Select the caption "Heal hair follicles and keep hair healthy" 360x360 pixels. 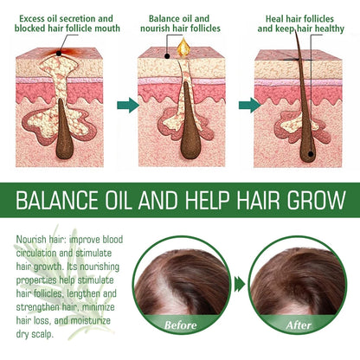[298, 22]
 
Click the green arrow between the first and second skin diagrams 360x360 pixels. [128, 106]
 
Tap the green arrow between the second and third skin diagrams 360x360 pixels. [249, 106]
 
